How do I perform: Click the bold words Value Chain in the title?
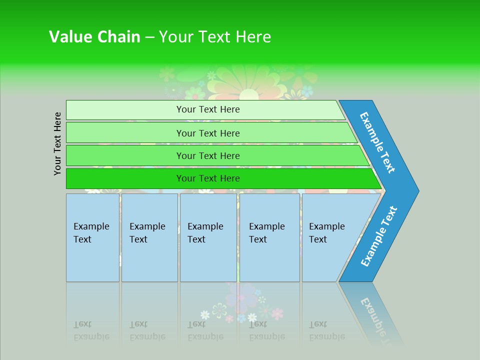tap(94, 37)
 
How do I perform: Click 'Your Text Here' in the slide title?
tap(215, 37)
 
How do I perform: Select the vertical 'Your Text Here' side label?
tap(58, 143)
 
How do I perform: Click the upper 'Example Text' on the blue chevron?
tap(378, 142)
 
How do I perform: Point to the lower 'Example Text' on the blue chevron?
tap(379, 236)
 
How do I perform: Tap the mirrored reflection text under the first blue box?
tap(91, 330)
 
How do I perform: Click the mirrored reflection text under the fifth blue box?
tap(326, 330)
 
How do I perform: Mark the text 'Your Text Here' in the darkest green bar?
tap(208, 178)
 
